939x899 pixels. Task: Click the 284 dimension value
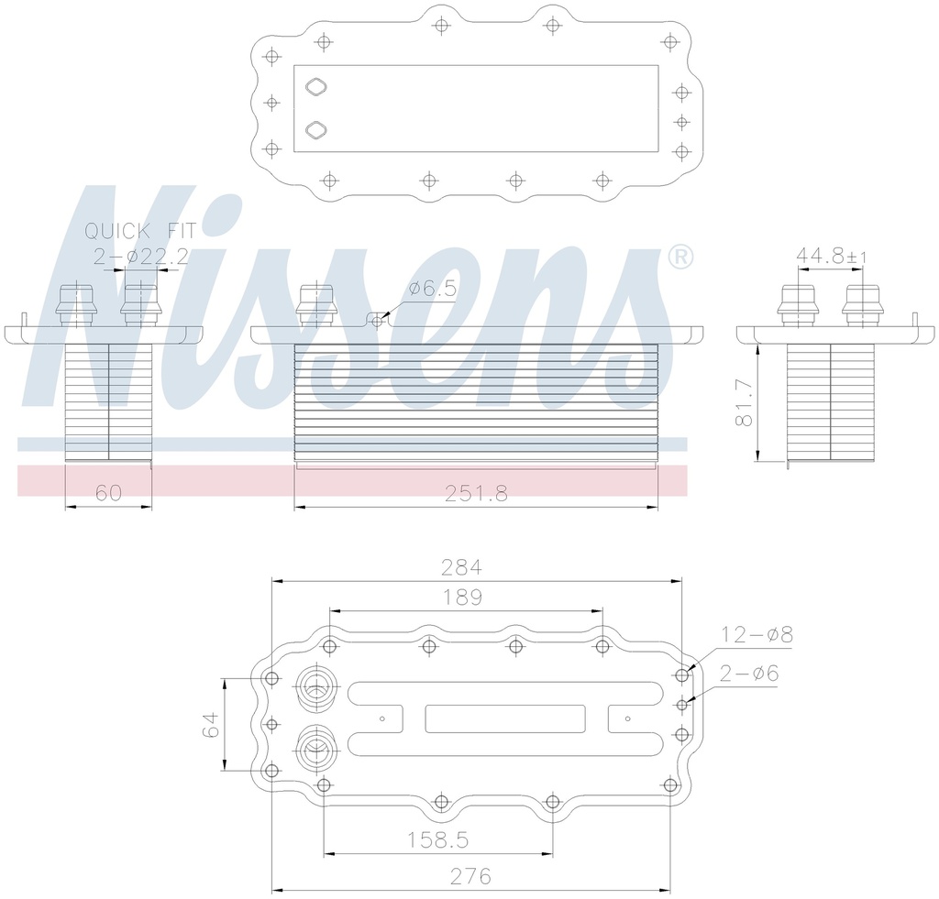462,566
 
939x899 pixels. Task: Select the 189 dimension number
462,598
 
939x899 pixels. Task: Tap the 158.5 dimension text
438,839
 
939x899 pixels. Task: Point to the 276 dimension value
469,876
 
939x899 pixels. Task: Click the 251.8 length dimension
476,493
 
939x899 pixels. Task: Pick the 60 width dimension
109,493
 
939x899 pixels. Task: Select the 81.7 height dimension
745,403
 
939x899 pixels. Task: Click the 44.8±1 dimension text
831,257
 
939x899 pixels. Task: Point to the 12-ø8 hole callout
757,634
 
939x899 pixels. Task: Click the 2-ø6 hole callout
749,674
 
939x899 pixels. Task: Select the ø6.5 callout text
432,289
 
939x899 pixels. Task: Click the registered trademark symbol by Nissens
679,258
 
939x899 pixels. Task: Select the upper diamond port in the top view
315,87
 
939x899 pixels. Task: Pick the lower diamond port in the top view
315,129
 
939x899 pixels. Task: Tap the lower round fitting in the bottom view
315,748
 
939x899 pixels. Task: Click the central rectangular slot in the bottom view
505,718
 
